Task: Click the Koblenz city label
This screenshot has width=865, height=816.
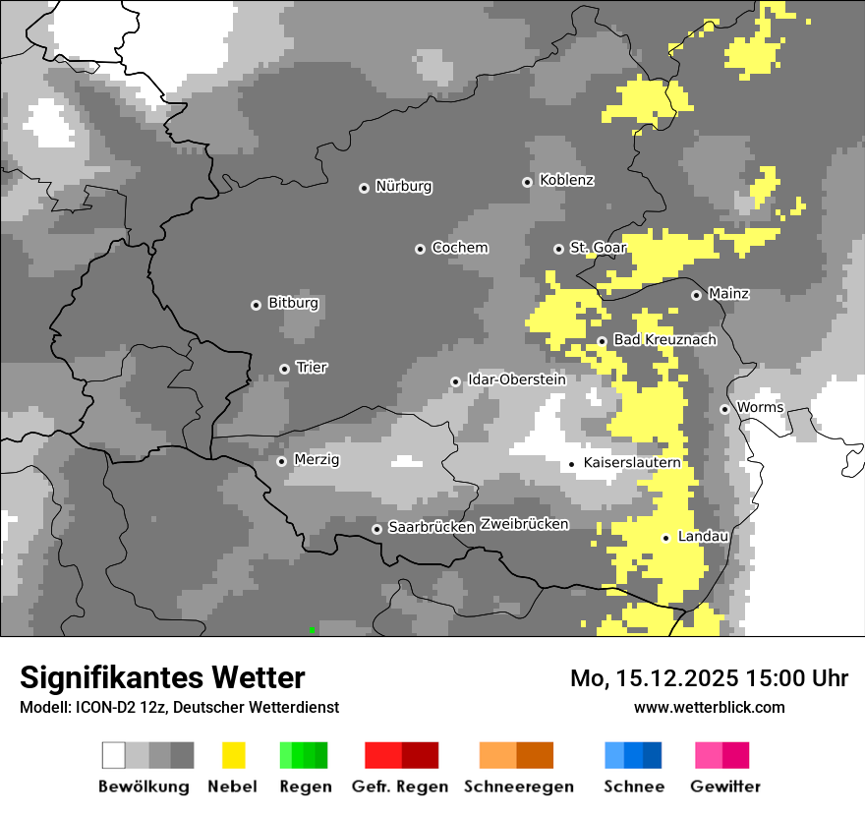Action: [x=566, y=181]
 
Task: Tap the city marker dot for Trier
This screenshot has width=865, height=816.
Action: [x=285, y=369]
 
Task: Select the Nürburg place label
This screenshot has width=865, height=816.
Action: [x=403, y=187]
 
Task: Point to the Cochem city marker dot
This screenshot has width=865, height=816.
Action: [x=420, y=249]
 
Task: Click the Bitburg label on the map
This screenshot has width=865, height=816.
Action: [x=293, y=304]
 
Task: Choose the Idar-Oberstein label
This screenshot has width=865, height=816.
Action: [x=516, y=379]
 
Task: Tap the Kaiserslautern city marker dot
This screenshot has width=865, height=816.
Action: [x=572, y=463]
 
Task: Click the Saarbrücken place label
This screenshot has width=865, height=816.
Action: [x=432, y=528]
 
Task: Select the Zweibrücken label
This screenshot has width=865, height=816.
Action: [x=524, y=524]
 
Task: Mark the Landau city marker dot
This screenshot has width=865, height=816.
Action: [x=665, y=538]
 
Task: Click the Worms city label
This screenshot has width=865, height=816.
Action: [x=760, y=408]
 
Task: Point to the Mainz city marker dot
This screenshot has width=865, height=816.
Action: [x=696, y=295]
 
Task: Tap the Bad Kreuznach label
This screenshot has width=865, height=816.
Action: [x=664, y=340]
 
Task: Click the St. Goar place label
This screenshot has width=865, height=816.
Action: [x=598, y=248]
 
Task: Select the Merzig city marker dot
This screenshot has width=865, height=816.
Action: [x=281, y=461]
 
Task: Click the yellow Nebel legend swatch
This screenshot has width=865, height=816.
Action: [x=233, y=755]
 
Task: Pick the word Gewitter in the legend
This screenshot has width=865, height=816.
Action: [x=724, y=787]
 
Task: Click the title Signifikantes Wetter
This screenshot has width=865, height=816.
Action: [x=162, y=677]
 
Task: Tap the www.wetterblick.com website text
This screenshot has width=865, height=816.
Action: [x=709, y=707]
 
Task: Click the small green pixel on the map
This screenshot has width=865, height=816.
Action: [x=312, y=629]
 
